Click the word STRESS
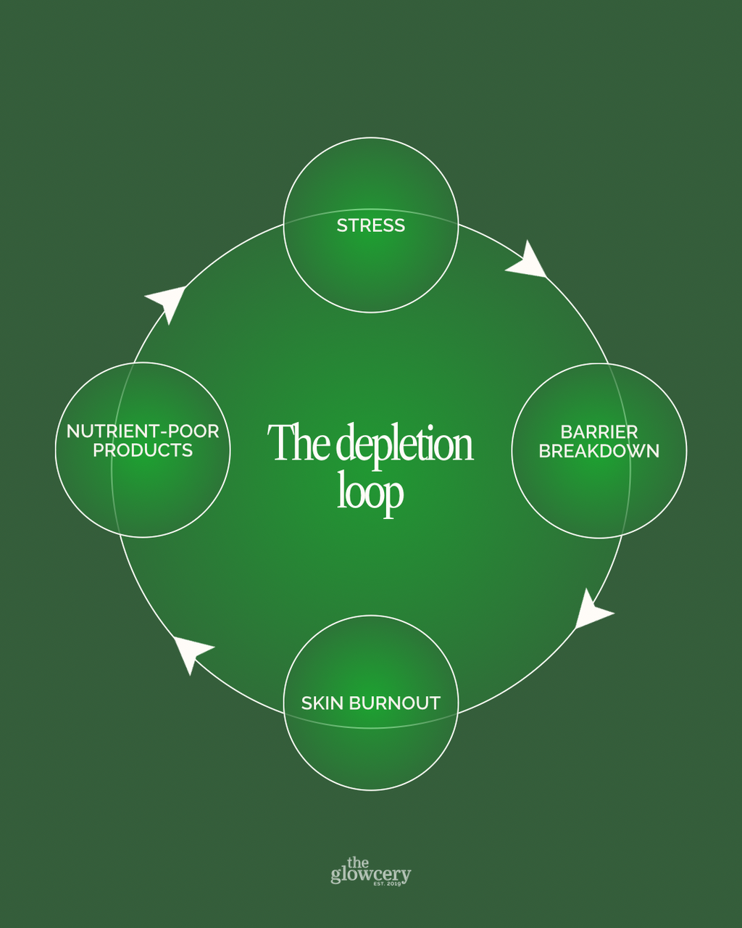pyautogui.click(x=371, y=225)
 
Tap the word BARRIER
pyautogui.click(x=599, y=431)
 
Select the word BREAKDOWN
pyautogui.click(x=599, y=451)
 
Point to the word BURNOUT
pyautogui.click(x=394, y=703)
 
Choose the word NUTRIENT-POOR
pyautogui.click(x=143, y=431)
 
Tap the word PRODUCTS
pyautogui.click(x=143, y=450)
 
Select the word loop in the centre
pyautogui.click(x=370, y=494)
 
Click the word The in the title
pyautogui.click(x=299, y=442)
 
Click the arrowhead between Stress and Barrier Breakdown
pyautogui.click(x=527, y=260)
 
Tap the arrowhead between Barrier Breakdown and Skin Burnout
pyautogui.click(x=593, y=610)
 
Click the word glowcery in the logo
pyautogui.click(x=371, y=874)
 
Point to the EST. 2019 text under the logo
pyautogui.click(x=388, y=884)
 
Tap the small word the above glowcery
pyautogui.click(x=358, y=863)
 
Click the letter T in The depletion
pyautogui.click(x=280, y=442)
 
